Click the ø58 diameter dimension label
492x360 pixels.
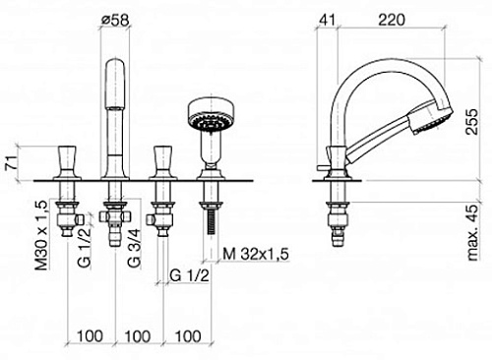tap(115, 21)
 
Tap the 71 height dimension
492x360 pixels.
tap(11, 162)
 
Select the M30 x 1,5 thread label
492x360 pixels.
tap(41, 235)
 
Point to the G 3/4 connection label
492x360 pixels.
tap(134, 248)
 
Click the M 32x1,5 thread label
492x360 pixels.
tap(256, 254)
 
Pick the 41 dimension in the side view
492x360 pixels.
tap(328, 20)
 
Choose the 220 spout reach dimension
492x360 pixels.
tap(392, 20)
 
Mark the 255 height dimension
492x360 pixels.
tap(471, 122)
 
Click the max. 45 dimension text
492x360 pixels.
tap(472, 232)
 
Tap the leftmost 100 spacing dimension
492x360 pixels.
tap(90, 336)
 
